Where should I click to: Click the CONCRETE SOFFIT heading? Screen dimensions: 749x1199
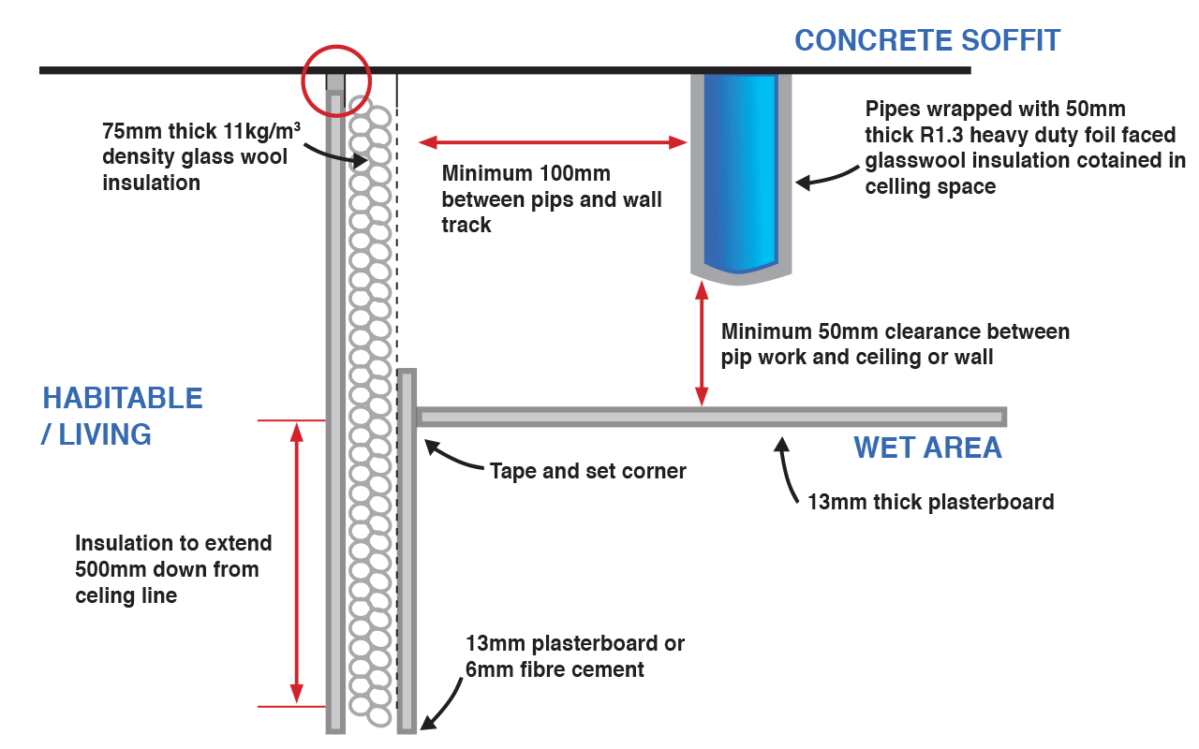click(x=927, y=40)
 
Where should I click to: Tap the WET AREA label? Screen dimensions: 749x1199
click(x=927, y=448)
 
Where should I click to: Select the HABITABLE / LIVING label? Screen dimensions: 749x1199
click(x=122, y=416)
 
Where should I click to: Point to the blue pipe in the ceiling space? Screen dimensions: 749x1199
click(x=741, y=172)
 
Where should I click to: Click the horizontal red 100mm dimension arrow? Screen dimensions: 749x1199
click(x=553, y=142)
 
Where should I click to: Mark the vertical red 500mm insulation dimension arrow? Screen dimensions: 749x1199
click(x=297, y=563)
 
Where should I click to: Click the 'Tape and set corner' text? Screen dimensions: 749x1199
click(x=587, y=471)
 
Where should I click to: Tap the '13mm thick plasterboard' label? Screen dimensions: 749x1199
click(x=930, y=502)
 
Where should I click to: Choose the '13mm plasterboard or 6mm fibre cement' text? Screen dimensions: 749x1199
click(x=574, y=656)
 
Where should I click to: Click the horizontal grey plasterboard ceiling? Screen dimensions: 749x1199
click(x=712, y=417)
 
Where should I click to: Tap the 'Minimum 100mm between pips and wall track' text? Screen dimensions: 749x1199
click(x=551, y=199)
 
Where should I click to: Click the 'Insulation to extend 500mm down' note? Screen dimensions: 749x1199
click(x=173, y=568)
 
